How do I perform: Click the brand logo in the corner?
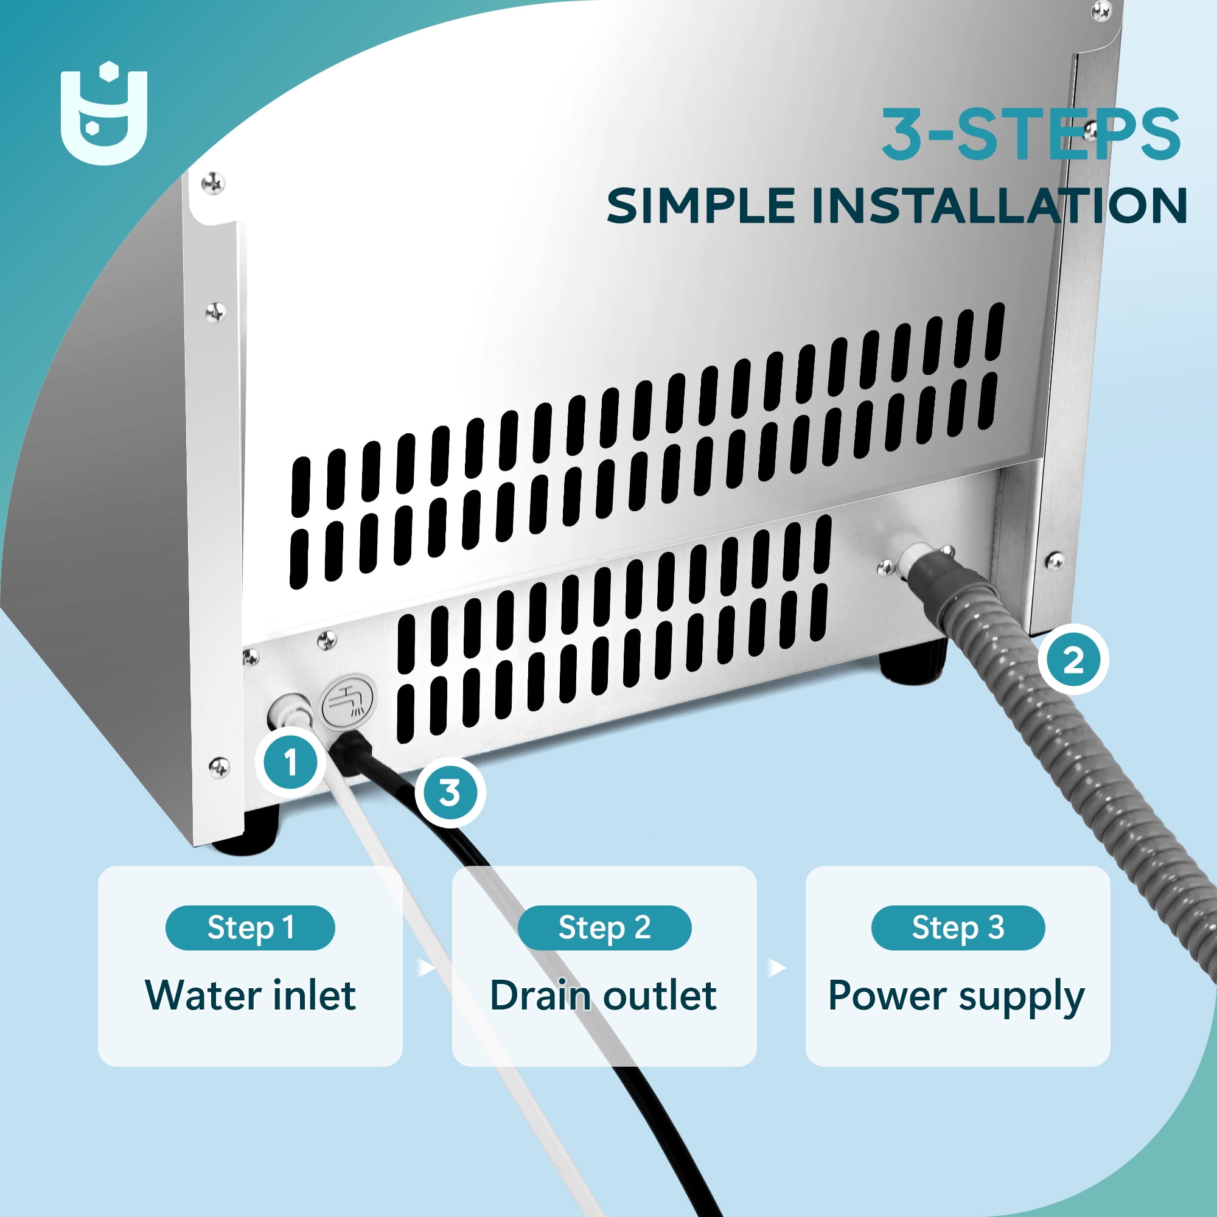[104, 113]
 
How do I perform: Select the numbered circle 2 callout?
[1073, 660]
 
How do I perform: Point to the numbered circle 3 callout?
[450, 793]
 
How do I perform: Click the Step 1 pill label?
[250, 928]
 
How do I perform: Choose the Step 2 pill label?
[604, 928]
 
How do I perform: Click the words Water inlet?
[250, 996]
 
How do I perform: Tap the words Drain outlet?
[604, 996]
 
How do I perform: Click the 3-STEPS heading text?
[1031, 133]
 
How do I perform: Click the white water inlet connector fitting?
[289, 713]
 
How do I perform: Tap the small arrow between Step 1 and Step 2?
[427, 967]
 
